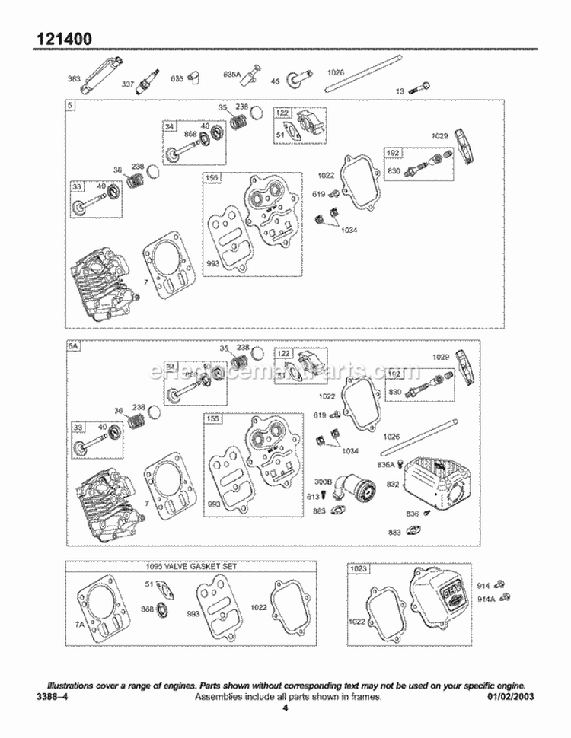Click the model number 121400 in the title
coord(63,37)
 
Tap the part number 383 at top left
coord(74,78)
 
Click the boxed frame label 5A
coord(73,346)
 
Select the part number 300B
coord(324,482)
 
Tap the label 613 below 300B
coord(312,495)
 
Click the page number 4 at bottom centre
coord(285,708)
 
